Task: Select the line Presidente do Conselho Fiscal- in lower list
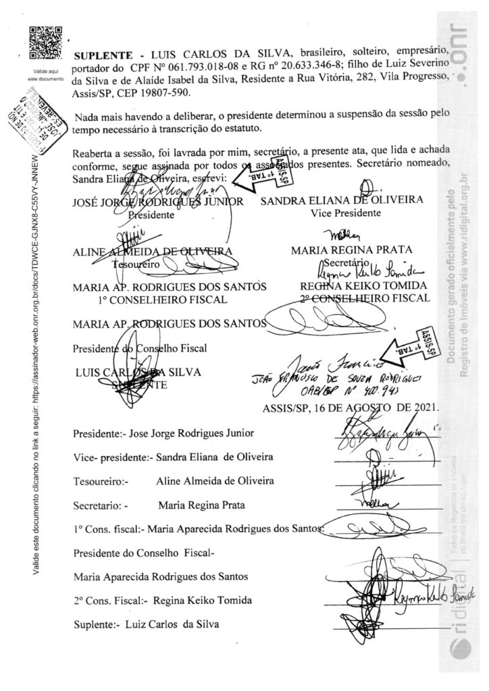(x=143, y=553)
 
